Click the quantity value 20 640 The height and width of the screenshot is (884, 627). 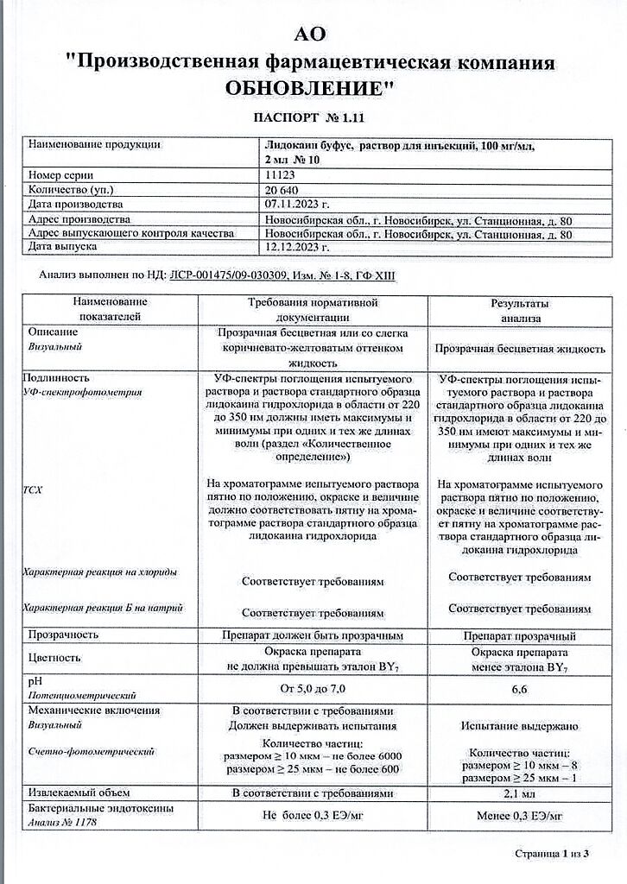pyautogui.click(x=282, y=189)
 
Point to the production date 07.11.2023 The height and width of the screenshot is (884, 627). pyautogui.click(x=295, y=205)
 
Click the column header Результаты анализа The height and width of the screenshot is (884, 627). pyautogui.click(x=520, y=310)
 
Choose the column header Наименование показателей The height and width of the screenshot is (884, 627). pyautogui.click(x=110, y=309)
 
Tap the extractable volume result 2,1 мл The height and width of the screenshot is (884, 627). pyautogui.click(x=520, y=793)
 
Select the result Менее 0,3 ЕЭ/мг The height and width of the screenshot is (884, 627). pyautogui.click(x=520, y=816)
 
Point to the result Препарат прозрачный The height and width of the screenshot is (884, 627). pyautogui.click(x=520, y=636)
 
